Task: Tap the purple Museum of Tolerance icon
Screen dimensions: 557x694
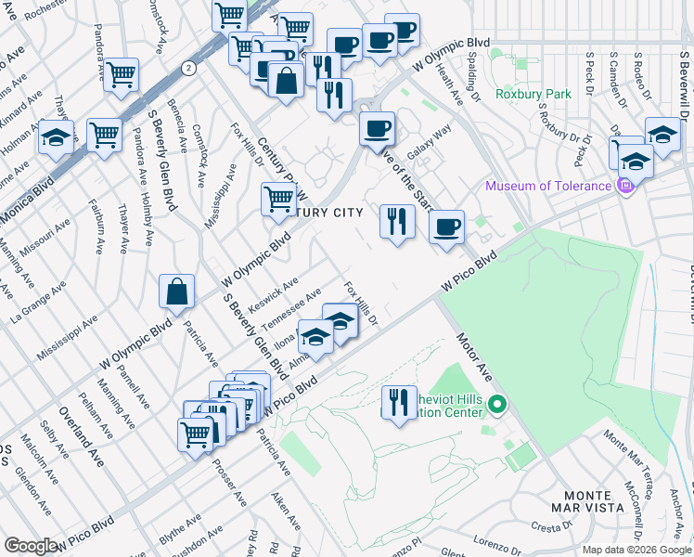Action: pyautogui.click(x=626, y=186)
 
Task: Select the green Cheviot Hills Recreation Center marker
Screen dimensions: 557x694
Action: pyautogui.click(x=497, y=405)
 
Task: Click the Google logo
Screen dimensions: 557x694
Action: pyautogui.click(x=31, y=546)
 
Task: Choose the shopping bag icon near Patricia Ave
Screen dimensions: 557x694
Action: pyautogui.click(x=176, y=292)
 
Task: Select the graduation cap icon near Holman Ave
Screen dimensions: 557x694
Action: pyautogui.click(x=57, y=138)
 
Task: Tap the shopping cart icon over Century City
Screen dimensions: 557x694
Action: pyautogui.click(x=278, y=199)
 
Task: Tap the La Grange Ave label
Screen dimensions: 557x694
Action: pyautogui.click(x=27, y=305)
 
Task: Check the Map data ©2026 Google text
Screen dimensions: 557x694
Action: pyautogui.click(x=636, y=550)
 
